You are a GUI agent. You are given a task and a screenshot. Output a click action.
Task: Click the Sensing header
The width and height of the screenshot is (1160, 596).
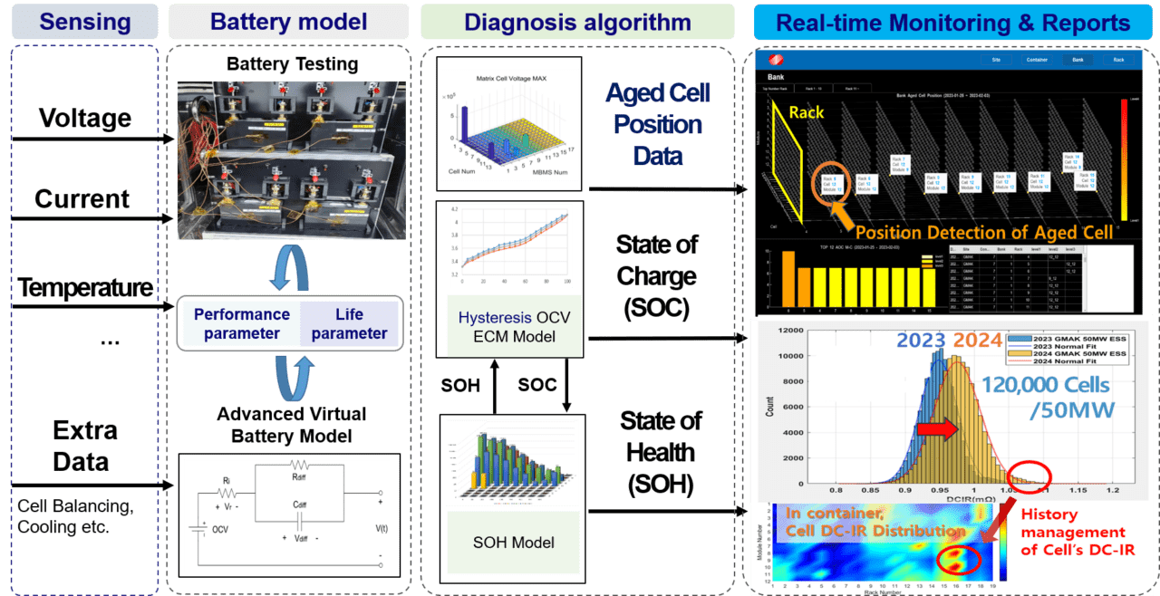[x=83, y=22]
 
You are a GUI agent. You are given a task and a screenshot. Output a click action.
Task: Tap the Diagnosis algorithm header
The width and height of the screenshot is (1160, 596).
[x=577, y=22]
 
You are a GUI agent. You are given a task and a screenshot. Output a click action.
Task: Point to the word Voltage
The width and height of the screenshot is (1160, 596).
[x=84, y=119]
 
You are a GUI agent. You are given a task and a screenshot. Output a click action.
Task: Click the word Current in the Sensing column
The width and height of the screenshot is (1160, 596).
[x=82, y=198]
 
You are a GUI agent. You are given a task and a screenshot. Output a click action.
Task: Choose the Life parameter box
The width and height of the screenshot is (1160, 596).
[x=349, y=323]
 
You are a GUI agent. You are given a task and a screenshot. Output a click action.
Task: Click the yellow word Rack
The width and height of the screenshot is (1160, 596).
[x=807, y=112]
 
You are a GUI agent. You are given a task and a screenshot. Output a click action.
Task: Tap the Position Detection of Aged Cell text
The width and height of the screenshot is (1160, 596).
[x=983, y=233]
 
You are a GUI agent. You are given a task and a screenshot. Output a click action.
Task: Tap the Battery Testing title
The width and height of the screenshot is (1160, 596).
[x=292, y=65]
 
